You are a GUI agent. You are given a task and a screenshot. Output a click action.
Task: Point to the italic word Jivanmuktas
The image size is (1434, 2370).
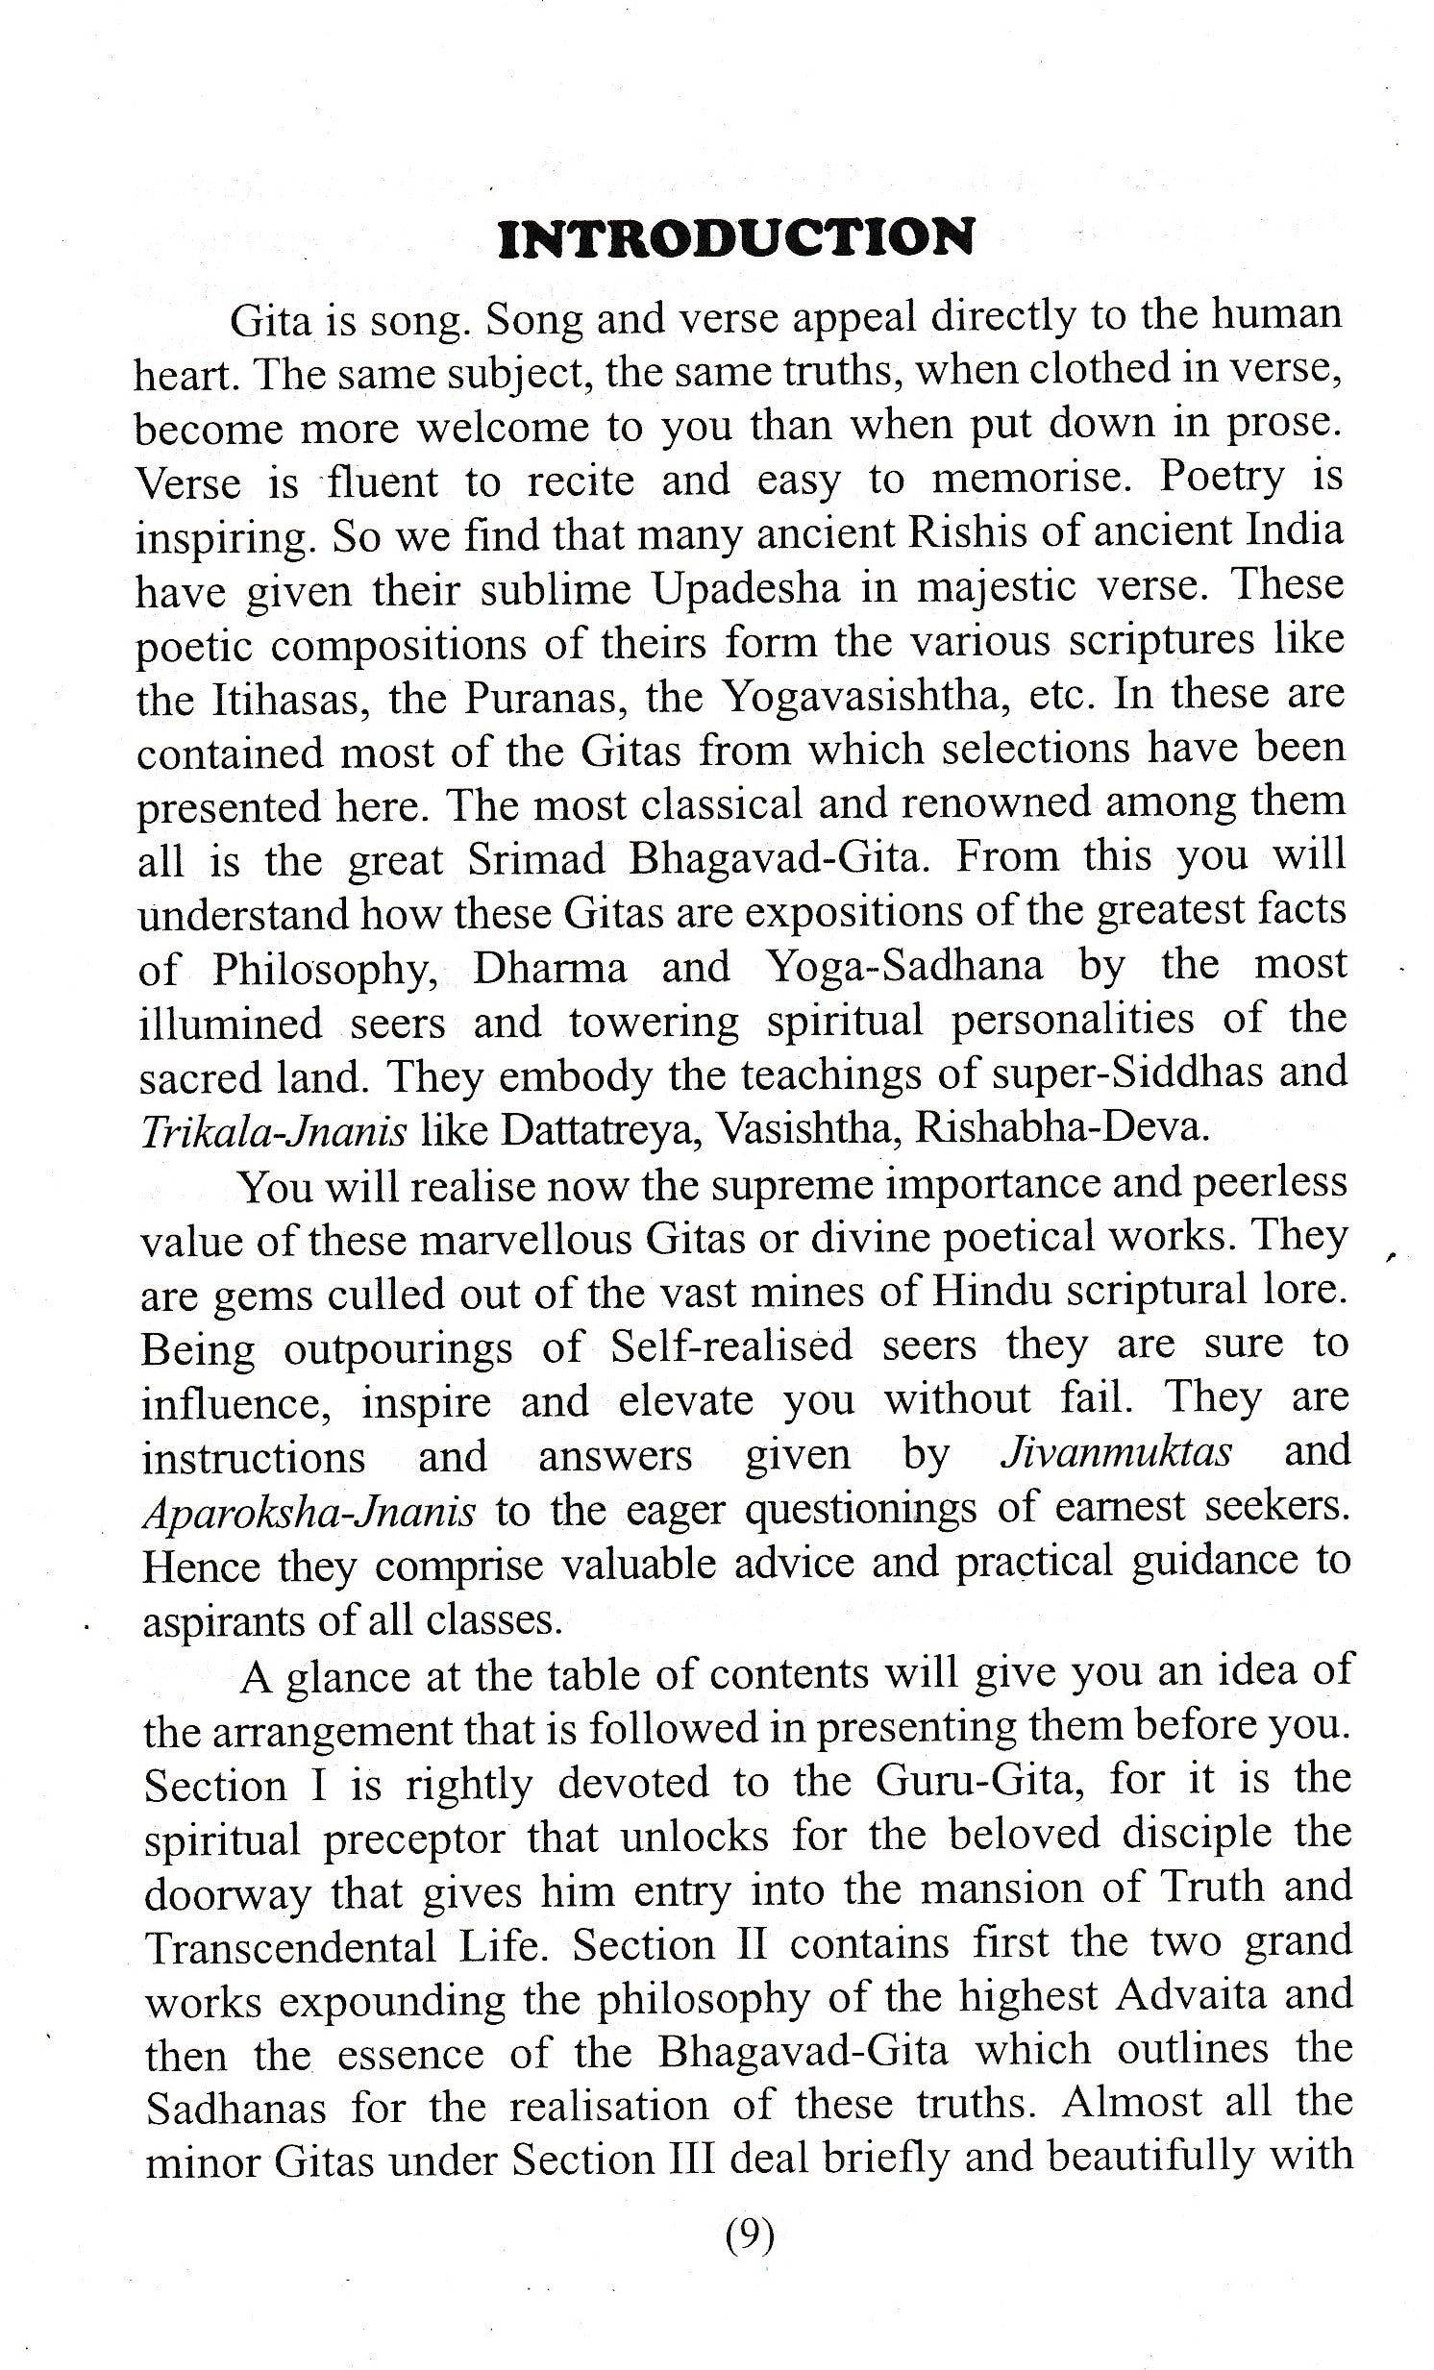coord(1116,1452)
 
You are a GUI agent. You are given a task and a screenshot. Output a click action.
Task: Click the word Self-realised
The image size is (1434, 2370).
coord(732,1345)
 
